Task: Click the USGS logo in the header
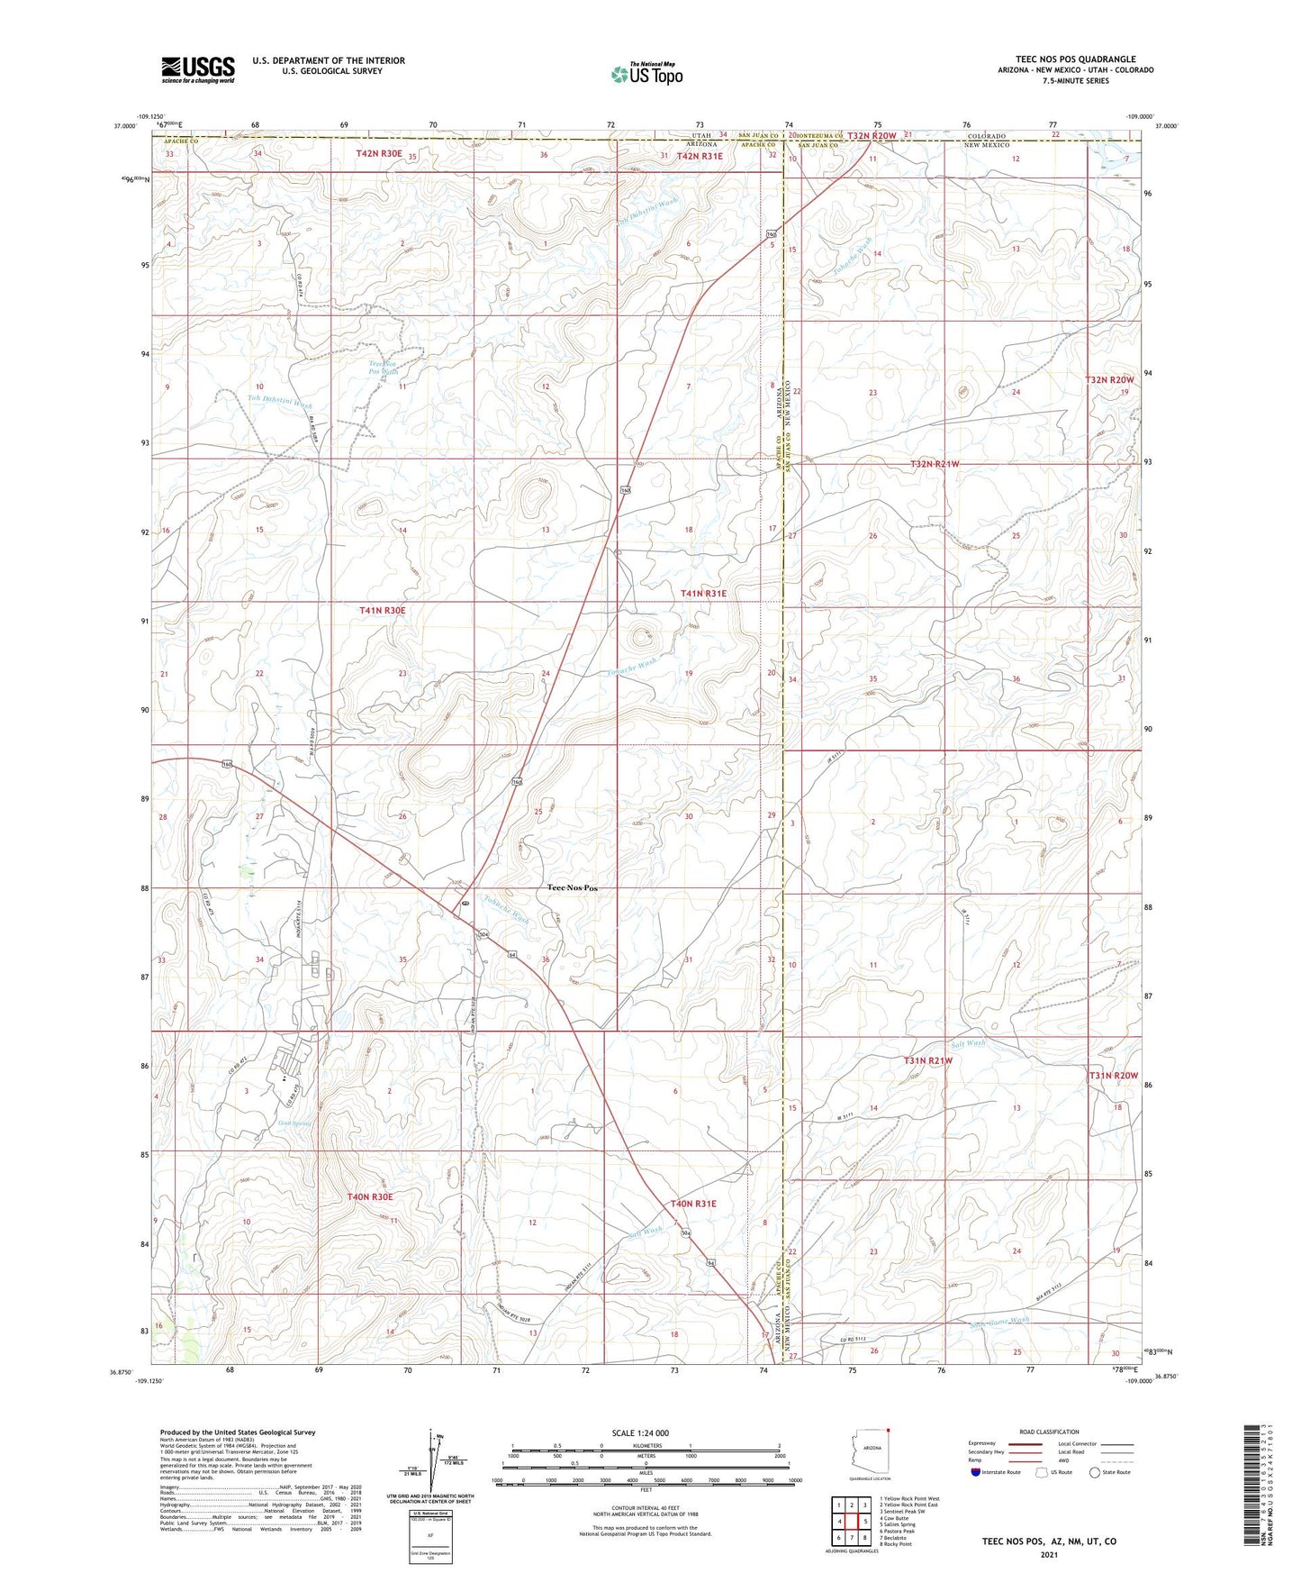coord(198,69)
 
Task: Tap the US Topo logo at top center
coord(646,74)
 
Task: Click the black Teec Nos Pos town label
coord(573,888)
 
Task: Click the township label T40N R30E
coord(370,1197)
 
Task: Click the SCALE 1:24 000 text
coord(640,1433)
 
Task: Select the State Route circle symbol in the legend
coord(1095,1472)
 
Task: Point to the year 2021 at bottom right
coord(1049,1554)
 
